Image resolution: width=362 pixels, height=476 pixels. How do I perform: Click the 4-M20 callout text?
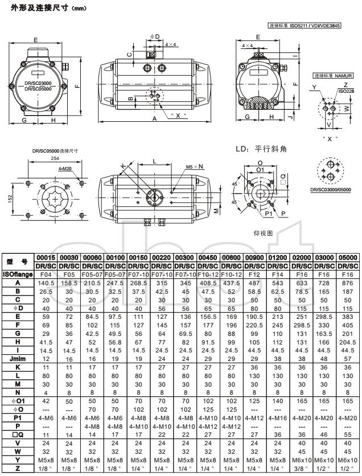point(65,169)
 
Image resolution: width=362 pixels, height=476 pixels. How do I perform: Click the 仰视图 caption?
point(263,233)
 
